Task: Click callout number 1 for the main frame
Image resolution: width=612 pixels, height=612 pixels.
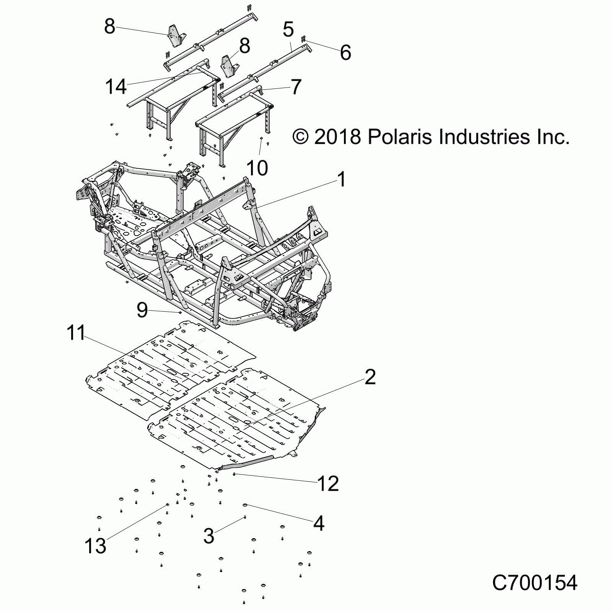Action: [x=342, y=179]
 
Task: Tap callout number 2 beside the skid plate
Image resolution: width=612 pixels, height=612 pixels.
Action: [x=370, y=377]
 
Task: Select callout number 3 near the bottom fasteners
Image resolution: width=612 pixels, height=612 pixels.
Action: [x=209, y=535]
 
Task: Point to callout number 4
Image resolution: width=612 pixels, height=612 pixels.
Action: [x=319, y=523]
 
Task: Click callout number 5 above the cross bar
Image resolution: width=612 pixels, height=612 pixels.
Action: [x=288, y=29]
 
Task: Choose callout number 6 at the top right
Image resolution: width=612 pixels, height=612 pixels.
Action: [x=345, y=52]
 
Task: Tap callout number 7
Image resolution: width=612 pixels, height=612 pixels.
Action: [x=296, y=87]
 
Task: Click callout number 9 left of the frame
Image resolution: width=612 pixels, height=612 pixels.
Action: [x=142, y=310]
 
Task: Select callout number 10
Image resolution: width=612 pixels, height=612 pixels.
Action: [x=257, y=168]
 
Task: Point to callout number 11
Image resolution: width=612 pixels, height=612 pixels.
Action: [x=76, y=333]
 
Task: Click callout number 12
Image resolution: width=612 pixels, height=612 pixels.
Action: [x=328, y=484]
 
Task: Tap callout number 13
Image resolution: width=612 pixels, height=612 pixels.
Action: [x=95, y=546]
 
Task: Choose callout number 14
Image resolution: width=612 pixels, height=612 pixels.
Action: [x=116, y=87]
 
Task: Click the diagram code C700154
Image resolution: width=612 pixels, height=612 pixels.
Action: [x=534, y=583]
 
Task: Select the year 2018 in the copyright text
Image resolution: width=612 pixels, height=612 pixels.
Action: [x=337, y=137]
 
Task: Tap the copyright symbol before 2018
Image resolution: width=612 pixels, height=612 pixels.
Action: [x=301, y=137]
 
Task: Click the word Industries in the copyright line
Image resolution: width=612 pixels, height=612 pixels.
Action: [x=485, y=137]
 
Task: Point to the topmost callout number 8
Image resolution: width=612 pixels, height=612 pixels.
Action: [x=109, y=26]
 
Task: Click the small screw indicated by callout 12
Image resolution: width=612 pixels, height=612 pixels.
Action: [x=234, y=474]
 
